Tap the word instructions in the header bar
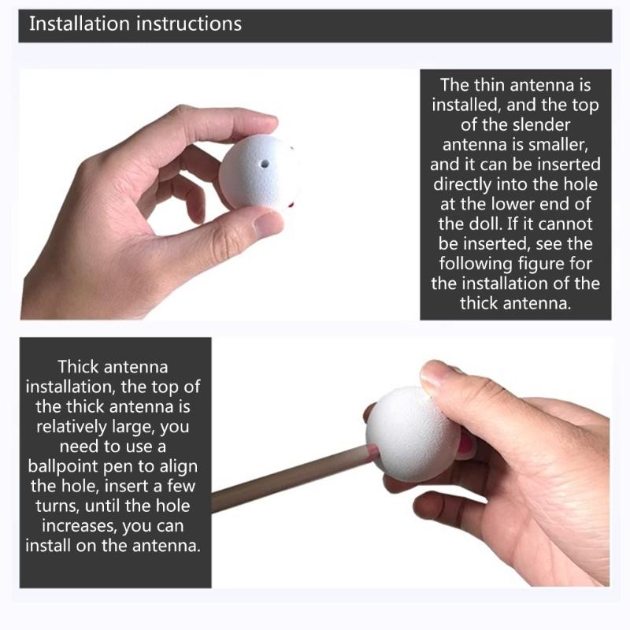point(189,24)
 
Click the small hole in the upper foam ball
point(265,164)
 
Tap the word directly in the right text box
point(462,184)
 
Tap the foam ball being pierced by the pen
point(413,434)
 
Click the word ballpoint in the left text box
point(63,466)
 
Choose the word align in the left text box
point(179,466)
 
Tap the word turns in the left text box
point(57,506)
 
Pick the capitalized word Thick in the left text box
point(78,367)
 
